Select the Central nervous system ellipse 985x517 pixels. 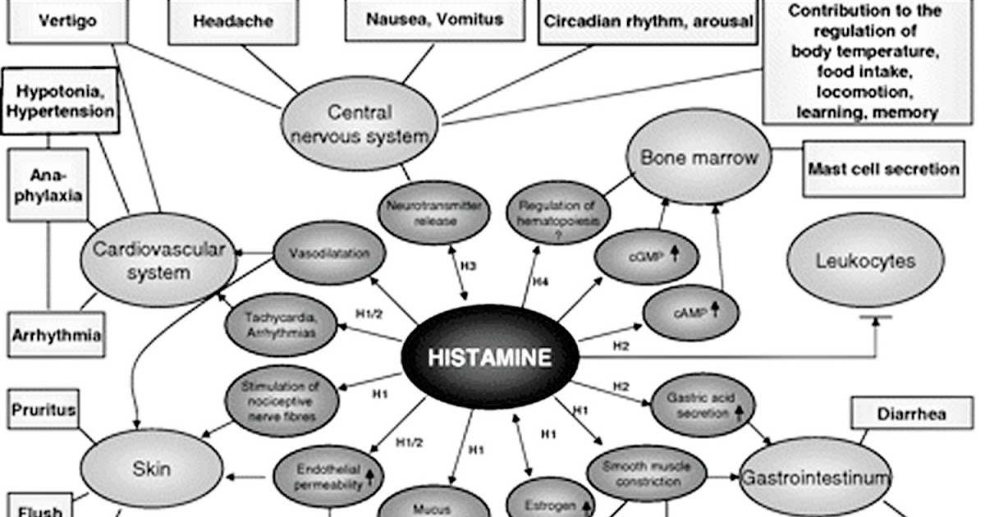pos(360,124)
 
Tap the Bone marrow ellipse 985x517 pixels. pos(699,158)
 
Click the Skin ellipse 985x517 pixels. pos(152,469)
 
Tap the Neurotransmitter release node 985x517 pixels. pos(434,212)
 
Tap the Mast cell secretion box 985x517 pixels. pos(883,169)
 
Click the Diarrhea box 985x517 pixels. pos(909,413)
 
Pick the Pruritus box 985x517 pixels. pos(44,409)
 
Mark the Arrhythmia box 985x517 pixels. pos(57,335)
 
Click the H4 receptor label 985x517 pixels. pos(539,281)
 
